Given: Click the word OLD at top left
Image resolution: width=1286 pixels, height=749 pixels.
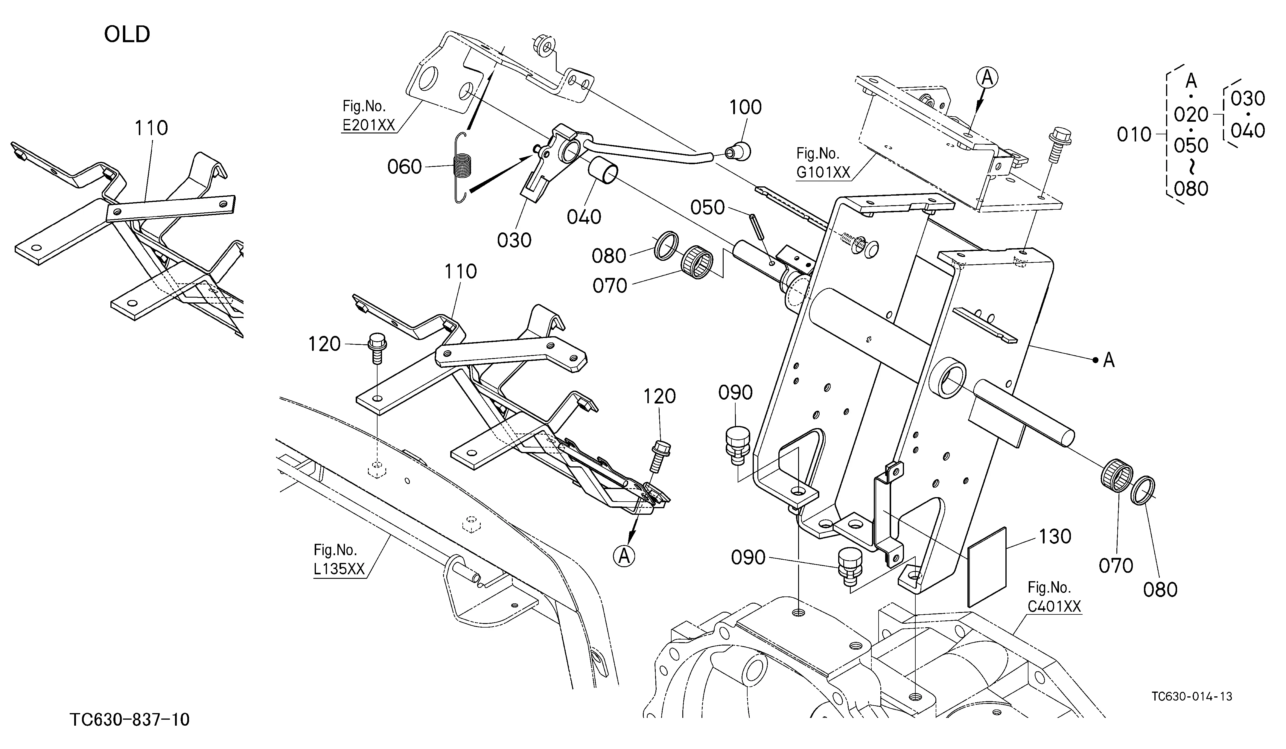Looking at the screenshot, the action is (127, 35).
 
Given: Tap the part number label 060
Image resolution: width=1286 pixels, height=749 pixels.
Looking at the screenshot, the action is (404, 167).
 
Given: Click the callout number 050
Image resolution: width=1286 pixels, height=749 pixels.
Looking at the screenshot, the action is (707, 207).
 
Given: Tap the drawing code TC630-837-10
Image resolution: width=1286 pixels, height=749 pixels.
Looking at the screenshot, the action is (130, 719).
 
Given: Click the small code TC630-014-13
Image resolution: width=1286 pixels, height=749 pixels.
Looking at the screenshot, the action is (1191, 696).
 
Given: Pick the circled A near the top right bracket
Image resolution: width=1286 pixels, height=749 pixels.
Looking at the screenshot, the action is (987, 78).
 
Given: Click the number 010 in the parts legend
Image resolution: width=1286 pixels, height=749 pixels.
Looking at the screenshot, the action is (1134, 135).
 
